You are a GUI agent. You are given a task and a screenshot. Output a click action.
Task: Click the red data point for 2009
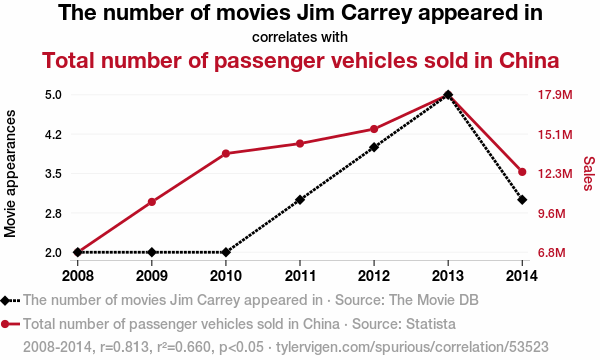click(152, 202)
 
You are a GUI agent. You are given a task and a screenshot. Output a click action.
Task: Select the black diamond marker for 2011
click(300, 200)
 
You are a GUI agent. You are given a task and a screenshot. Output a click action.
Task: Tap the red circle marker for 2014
click(522, 172)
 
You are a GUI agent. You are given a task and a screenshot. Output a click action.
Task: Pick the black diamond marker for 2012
click(374, 147)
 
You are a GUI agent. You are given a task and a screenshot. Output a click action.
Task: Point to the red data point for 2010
click(226, 153)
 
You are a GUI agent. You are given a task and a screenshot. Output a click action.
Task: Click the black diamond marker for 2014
click(522, 200)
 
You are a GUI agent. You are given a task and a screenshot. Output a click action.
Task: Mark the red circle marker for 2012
click(374, 129)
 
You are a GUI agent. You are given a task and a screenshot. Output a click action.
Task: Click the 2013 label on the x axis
click(448, 275)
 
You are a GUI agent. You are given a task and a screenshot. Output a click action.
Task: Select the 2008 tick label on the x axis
click(78, 275)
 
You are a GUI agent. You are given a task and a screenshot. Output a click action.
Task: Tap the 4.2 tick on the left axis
click(54, 135)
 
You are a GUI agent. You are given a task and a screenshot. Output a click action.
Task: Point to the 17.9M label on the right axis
click(555, 94)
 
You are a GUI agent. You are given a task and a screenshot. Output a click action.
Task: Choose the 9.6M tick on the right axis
click(552, 213)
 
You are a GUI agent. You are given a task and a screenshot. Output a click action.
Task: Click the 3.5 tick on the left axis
click(54, 174)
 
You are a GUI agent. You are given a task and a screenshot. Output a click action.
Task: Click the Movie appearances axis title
click(10, 174)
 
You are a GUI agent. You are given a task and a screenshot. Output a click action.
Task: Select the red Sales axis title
click(589, 173)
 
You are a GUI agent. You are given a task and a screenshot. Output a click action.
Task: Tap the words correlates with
click(300, 37)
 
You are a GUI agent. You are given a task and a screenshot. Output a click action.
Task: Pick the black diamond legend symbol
click(5, 300)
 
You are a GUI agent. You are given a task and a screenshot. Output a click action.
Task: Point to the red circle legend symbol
click(5, 324)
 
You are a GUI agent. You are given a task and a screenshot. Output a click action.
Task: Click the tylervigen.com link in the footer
click(412, 347)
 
